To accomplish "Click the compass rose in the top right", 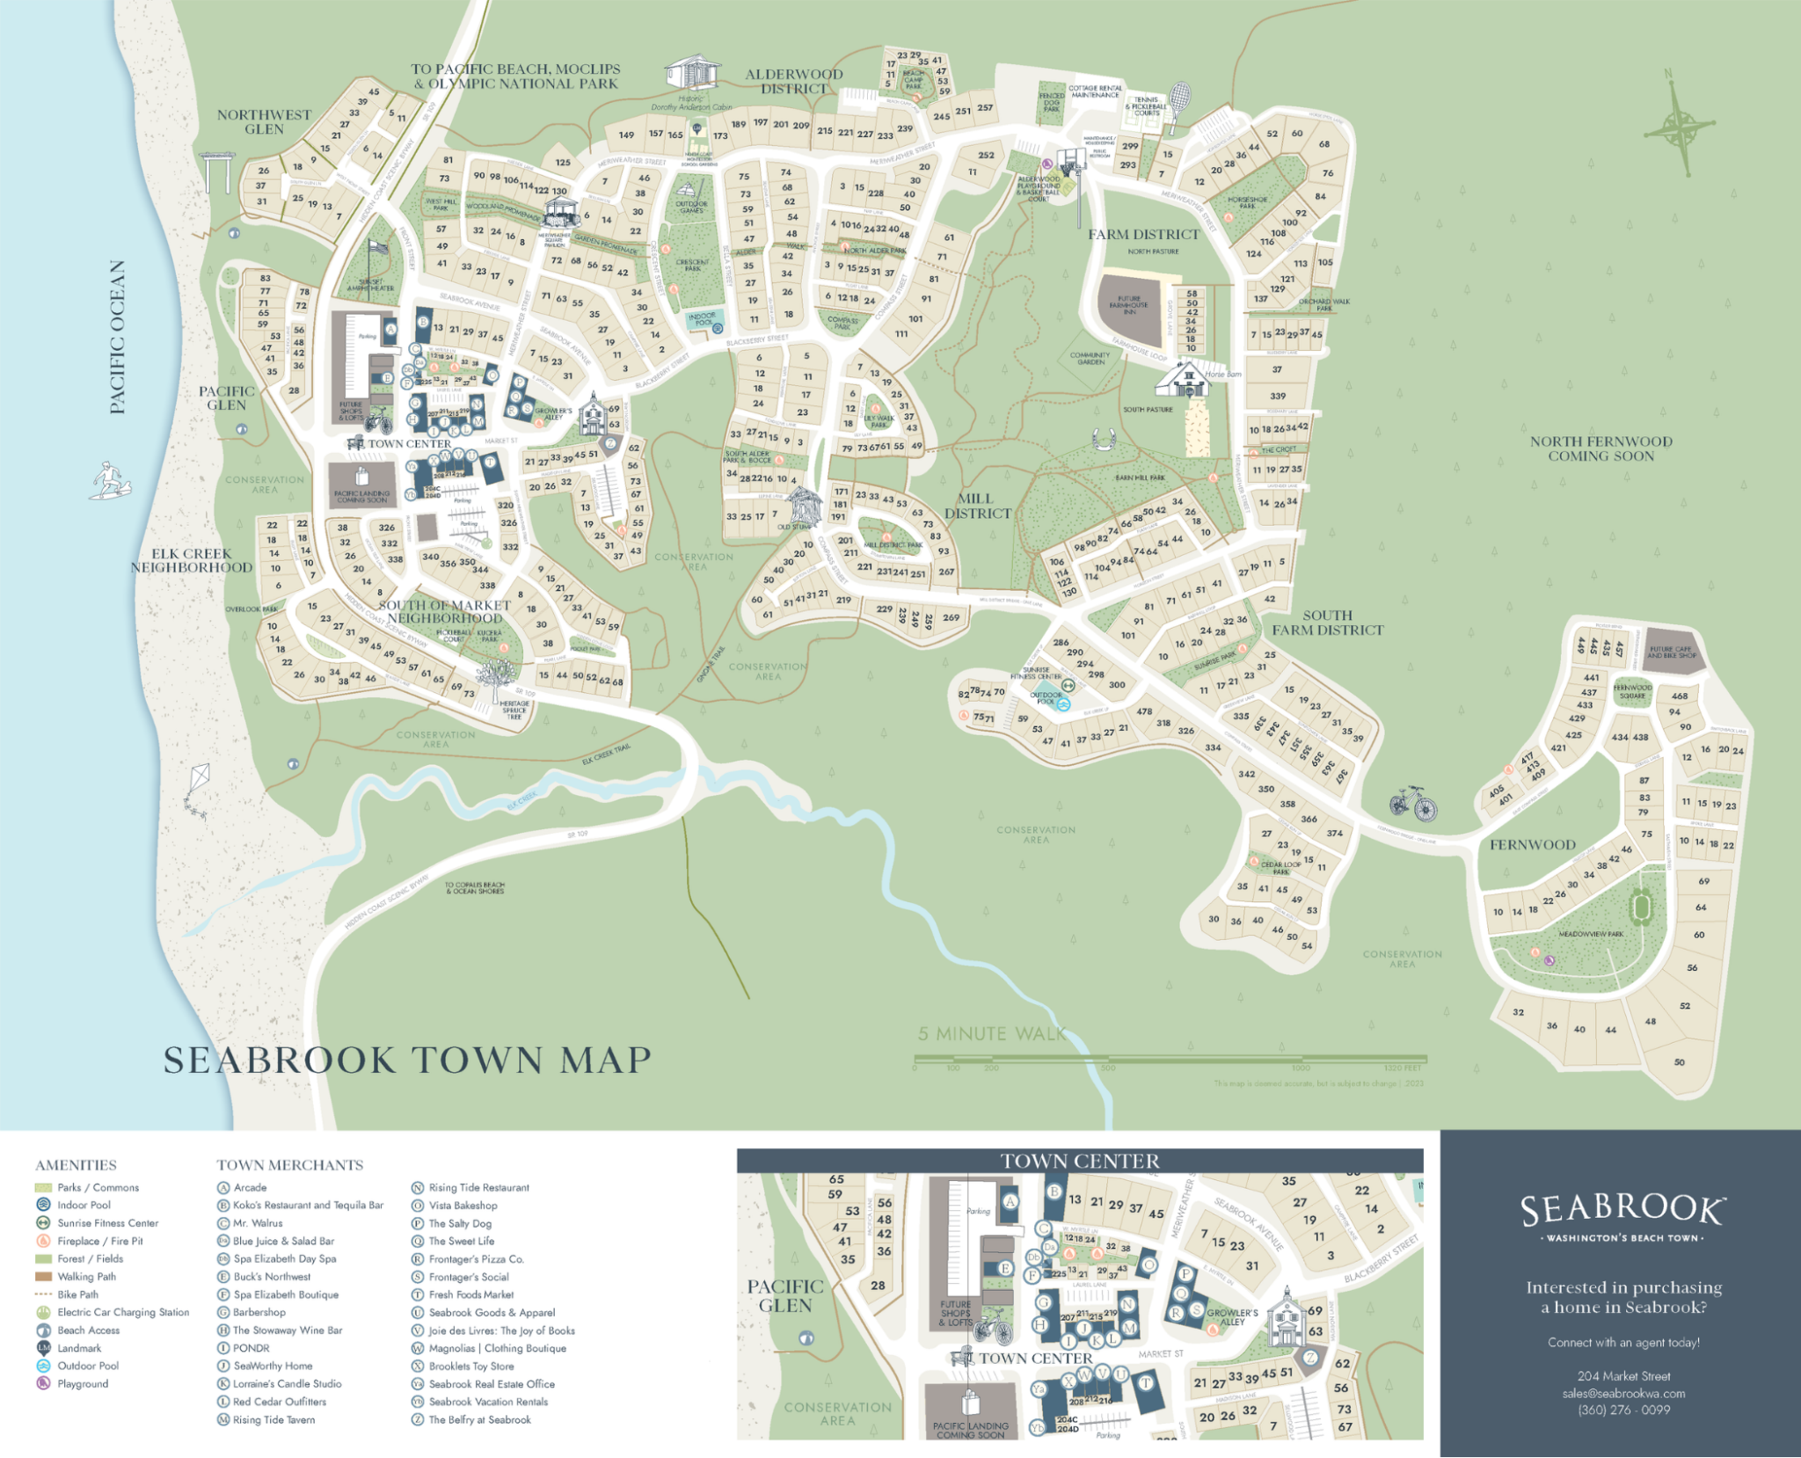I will click(1678, 128).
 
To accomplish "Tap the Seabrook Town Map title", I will click(407, 1061).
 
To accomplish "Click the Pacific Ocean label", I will click(118, 337).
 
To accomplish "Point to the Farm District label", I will click(1143, 235).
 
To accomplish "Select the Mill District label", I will click(977, 506).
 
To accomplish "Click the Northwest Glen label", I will click(264, 121).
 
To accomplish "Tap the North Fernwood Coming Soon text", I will click(1600, 448).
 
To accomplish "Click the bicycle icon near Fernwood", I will click(1412, 803).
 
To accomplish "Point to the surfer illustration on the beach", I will click(109, 480).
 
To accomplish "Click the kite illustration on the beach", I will click(199, 787).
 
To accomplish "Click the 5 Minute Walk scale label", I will click(991, 1033).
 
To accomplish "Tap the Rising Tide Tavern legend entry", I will click(273, 1419).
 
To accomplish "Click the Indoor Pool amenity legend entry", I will click(84, 1205).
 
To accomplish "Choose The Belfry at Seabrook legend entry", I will click(479, 1419).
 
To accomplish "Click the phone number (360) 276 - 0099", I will click(1623, 1410).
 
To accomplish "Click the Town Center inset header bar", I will click(1079, 1161).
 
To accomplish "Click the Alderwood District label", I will click(793, 81).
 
